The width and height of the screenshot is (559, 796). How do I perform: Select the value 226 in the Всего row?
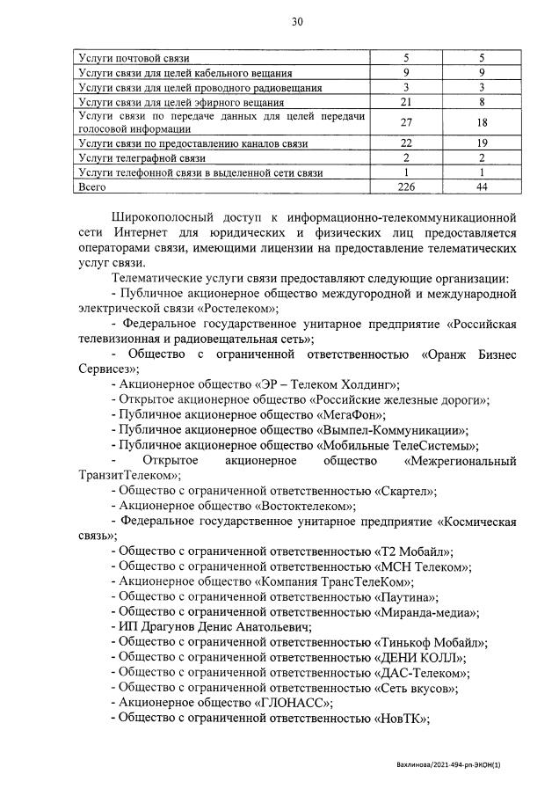(x=406, y=187)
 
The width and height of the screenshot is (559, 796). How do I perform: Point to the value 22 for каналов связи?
(x=406, y=143)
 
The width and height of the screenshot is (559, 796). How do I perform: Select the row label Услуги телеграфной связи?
(x=142, y=158)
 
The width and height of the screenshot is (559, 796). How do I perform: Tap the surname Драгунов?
(x=165, y=627)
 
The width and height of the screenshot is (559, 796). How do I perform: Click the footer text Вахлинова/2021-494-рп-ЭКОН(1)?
(x=461, y=768)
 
